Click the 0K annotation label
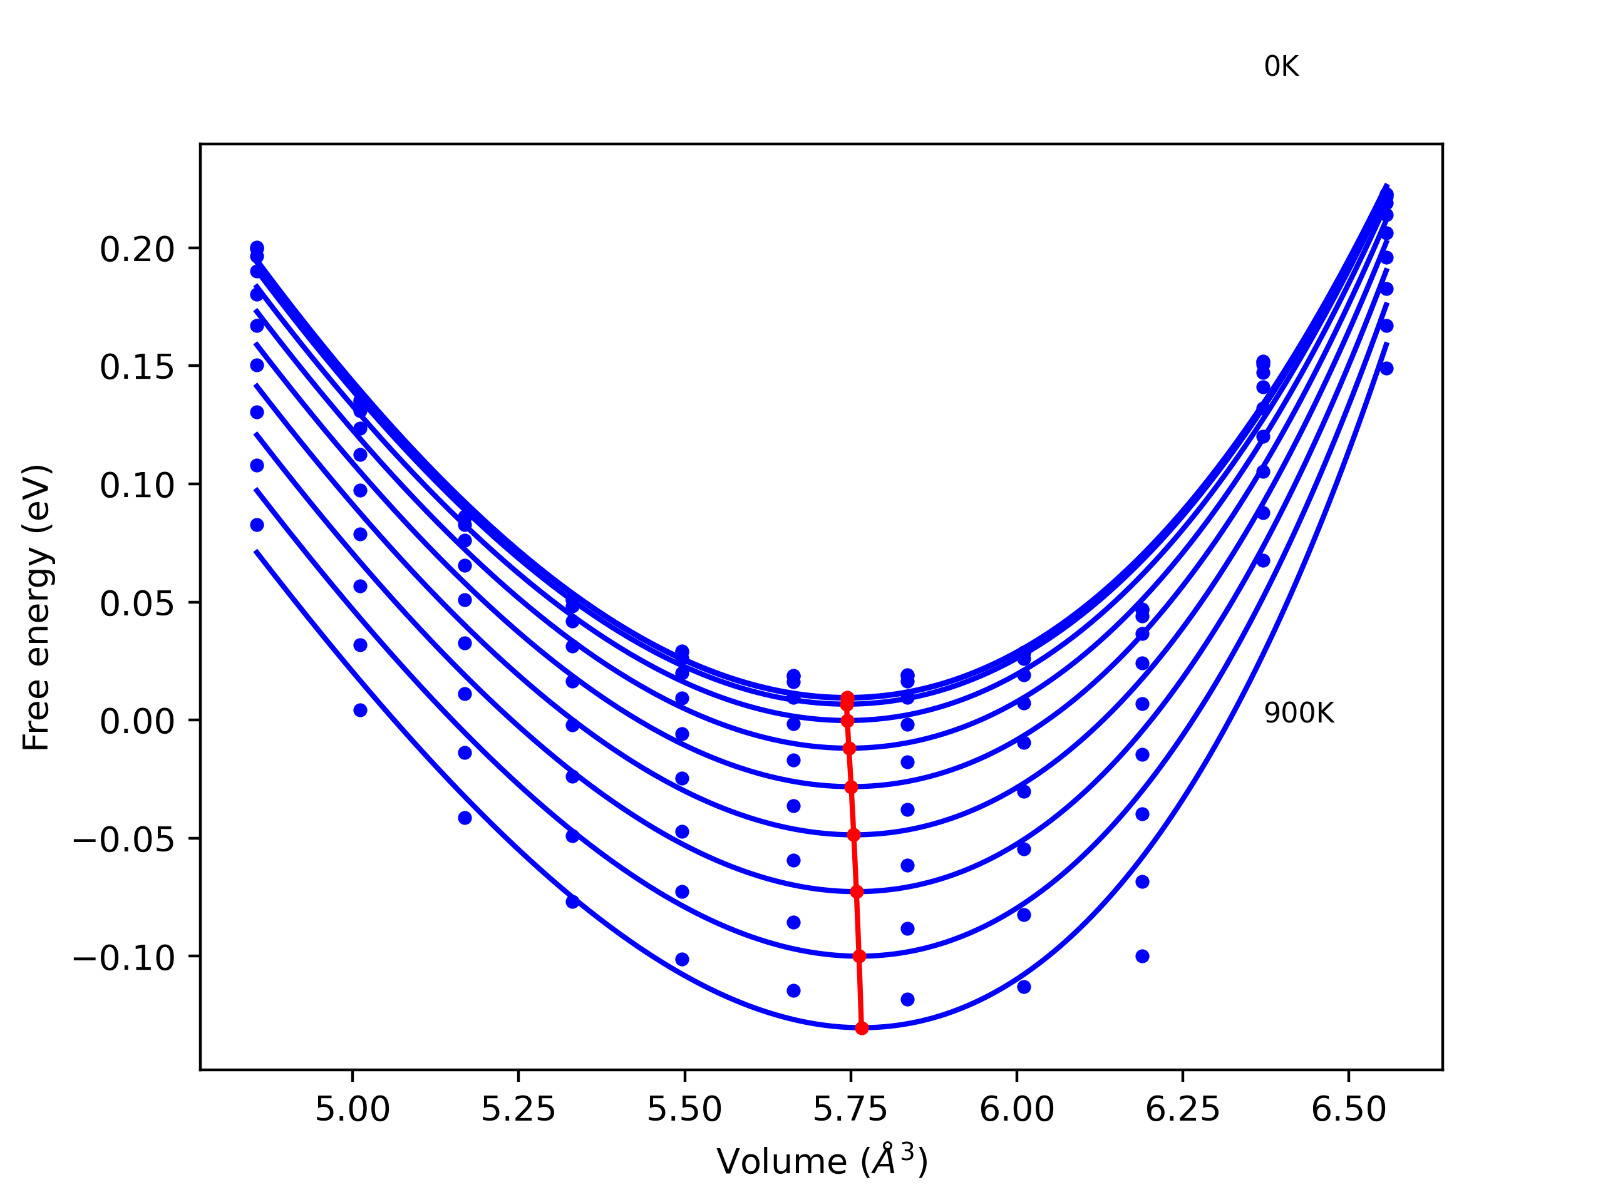(1281, 66)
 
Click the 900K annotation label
(1299, 714)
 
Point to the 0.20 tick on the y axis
(137, 250)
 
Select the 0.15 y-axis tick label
(137, 367)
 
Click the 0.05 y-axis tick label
(137, 604)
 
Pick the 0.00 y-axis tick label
(137, 722)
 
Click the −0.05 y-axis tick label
(124, 840)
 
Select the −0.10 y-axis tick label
(124, 958)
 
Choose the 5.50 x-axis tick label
(684, 1110)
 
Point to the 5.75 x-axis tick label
(850, 1110)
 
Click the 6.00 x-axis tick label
(1016, 1110)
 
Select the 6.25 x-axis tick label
(1182, 1110)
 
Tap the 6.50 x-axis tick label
(1348, 1110)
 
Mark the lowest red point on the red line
(862, 1028)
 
